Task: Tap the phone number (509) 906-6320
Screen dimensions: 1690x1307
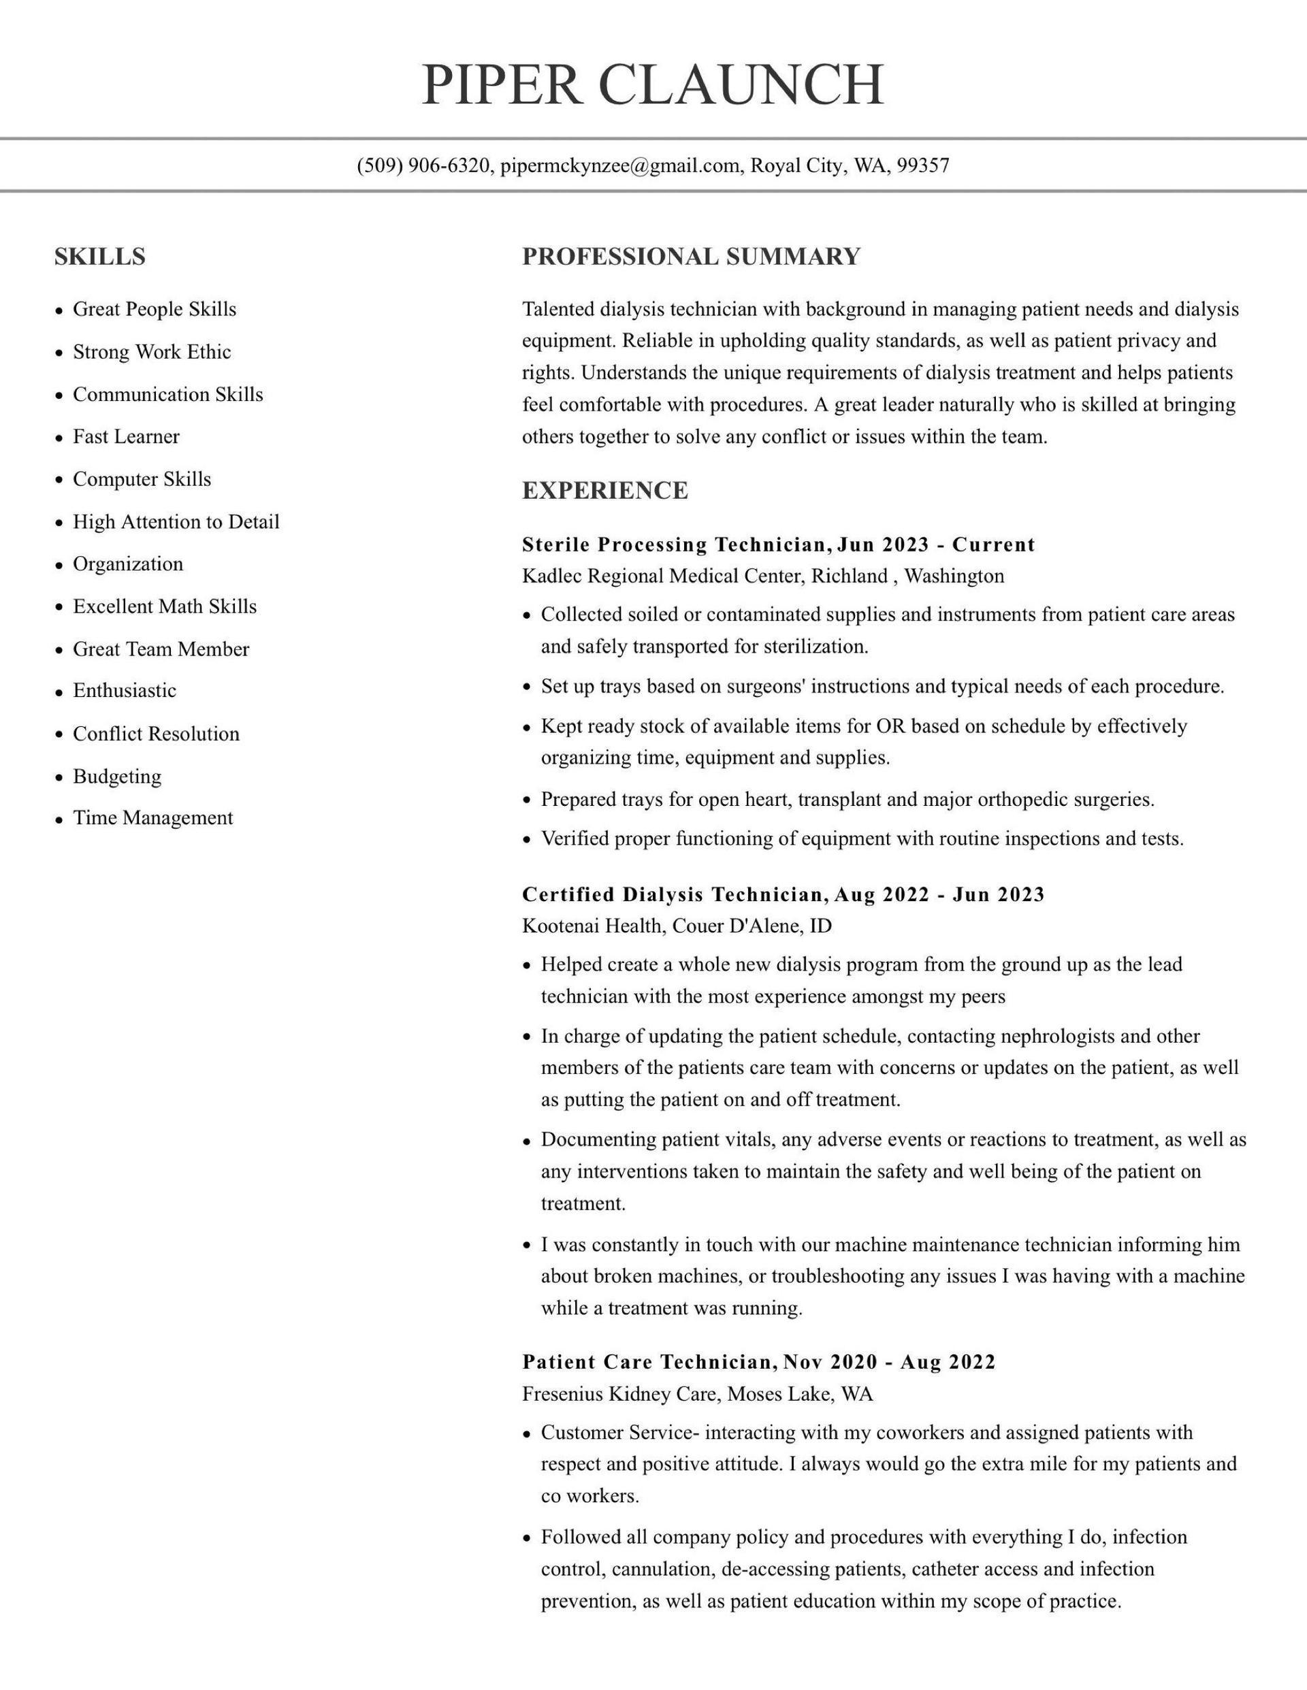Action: (423, 165)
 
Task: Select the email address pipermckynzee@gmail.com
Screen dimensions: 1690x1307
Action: (620, 165)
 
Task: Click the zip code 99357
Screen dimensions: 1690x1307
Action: (923, 165)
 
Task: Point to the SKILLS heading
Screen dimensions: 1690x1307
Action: (100, 257)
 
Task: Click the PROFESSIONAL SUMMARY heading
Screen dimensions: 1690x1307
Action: (691, 257)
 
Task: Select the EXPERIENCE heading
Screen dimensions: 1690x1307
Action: (605, 491)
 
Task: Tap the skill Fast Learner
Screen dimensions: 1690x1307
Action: (126, 436)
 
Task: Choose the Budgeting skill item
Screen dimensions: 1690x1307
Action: (117, 776)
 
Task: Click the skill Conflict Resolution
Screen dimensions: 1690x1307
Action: (157, 734)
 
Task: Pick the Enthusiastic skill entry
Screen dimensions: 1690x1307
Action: (125, 690)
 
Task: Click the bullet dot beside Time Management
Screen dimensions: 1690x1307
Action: (59, 819)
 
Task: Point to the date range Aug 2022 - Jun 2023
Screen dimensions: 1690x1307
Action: (940, 894)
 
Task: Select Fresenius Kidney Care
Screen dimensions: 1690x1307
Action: (621, 1394)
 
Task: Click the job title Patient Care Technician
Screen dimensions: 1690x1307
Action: (647, 1362)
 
